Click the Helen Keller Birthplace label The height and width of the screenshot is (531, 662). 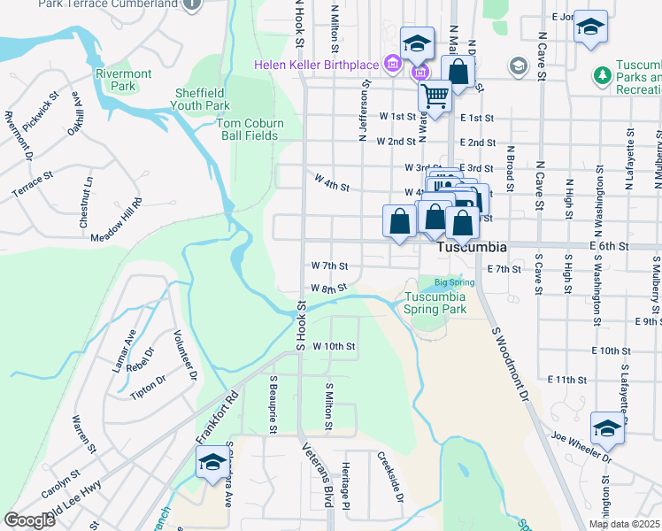(316, 64)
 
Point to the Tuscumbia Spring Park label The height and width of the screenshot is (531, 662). (435, 304)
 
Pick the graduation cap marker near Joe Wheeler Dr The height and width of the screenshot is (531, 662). (607, 430)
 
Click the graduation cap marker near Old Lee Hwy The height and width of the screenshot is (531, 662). (212, 462)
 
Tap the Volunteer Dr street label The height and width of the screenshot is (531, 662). (185, 355)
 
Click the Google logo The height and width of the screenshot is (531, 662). (29, 519)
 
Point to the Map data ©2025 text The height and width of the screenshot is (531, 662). (623, 524)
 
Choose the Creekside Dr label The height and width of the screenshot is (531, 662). (390, 479)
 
